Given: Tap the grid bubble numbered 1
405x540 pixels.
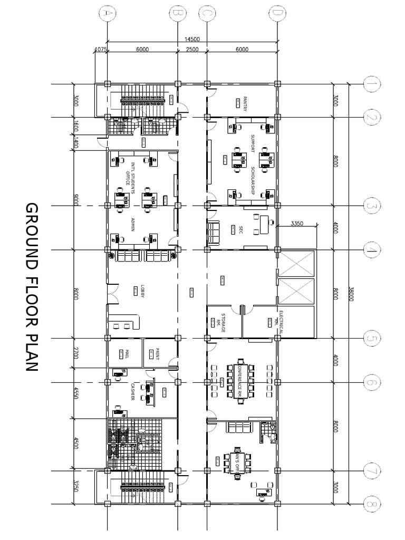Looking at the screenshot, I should pos(372,83).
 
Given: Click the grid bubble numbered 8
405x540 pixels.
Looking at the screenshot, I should pos(372,505).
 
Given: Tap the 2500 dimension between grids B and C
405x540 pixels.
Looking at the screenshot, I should pos(191,50).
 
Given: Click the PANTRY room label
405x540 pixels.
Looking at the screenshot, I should pos(246,100).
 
